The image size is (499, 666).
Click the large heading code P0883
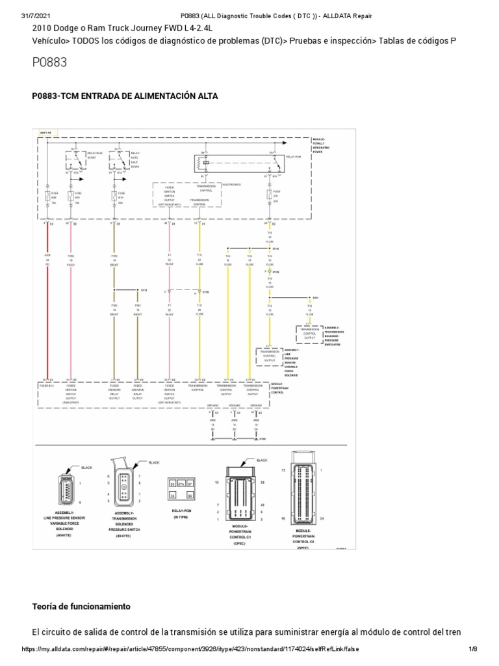point(49,62)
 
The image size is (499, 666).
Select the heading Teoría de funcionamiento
point(81,606)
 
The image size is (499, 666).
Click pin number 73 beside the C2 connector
point(283,469)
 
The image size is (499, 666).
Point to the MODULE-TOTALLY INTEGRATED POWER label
point(322,144)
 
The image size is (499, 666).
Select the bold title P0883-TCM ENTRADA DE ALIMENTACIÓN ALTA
point(125,96)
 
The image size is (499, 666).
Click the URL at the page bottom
point(190,649)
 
